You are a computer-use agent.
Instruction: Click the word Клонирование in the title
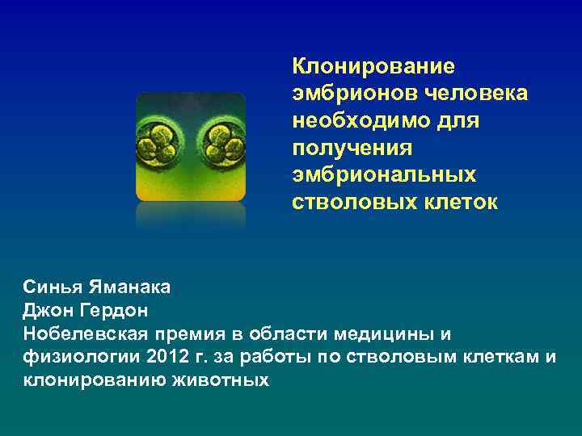[x=373, y=65]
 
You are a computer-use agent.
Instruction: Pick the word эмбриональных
[x=384, y=175]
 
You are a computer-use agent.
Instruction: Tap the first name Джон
[x=46, y=311]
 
